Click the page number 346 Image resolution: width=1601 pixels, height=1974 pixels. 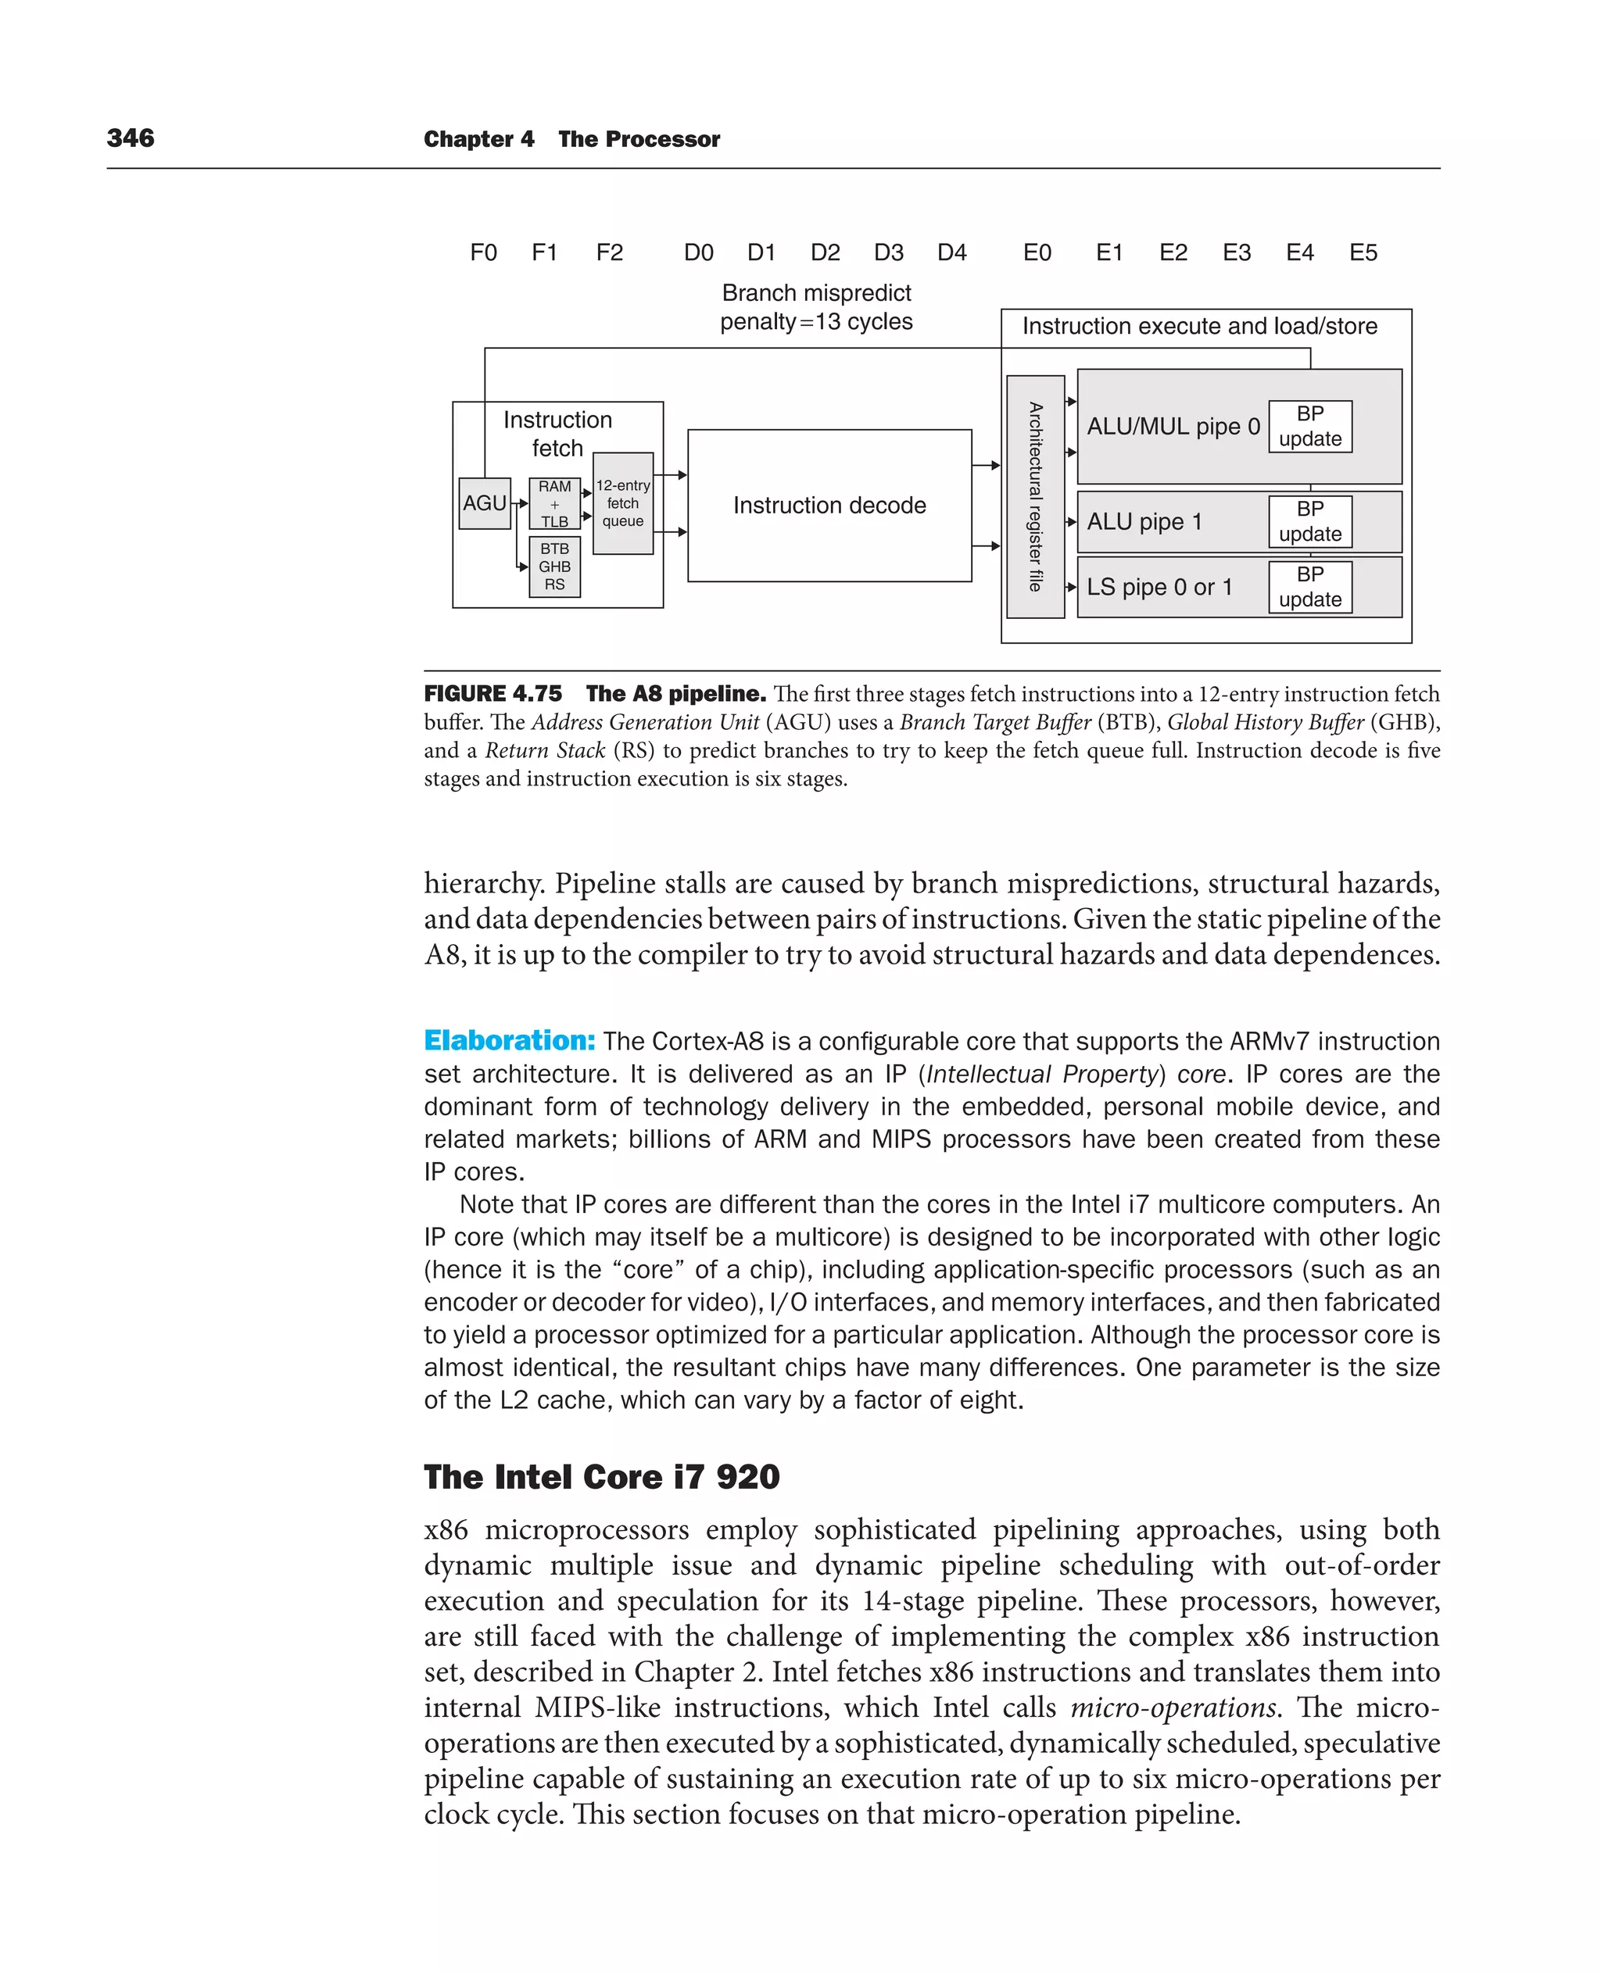(x=130, y=138)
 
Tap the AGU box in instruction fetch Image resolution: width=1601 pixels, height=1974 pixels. (x=484, y=503)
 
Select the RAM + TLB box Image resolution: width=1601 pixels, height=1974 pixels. (x=554, y=503)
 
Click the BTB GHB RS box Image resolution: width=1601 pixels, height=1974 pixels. (x=554, y=566)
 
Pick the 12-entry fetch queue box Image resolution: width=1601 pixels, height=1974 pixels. (x=622, y=503)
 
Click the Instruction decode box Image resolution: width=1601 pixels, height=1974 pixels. (x=829, y=506)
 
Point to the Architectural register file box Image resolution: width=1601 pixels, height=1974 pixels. (x=1035, y=496)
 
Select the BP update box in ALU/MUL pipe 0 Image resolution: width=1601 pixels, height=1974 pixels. (x=1309, y=426)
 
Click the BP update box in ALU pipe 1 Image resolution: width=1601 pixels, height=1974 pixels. (x=1309, y=521)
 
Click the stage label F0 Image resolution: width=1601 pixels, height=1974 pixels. (x=483, y=252)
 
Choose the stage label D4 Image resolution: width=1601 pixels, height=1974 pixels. (x=951, y=252)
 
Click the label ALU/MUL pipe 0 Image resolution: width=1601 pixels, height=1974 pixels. (x=1172, y=427)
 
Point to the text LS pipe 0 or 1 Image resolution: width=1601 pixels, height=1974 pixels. (x=1159, y=588)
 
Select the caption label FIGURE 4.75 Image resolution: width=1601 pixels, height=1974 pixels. (x=492, y=693)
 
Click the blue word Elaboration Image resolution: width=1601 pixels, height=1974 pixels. (x=509, y=1040)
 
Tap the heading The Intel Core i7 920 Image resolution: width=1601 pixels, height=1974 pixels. (x=601, y=1476)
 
